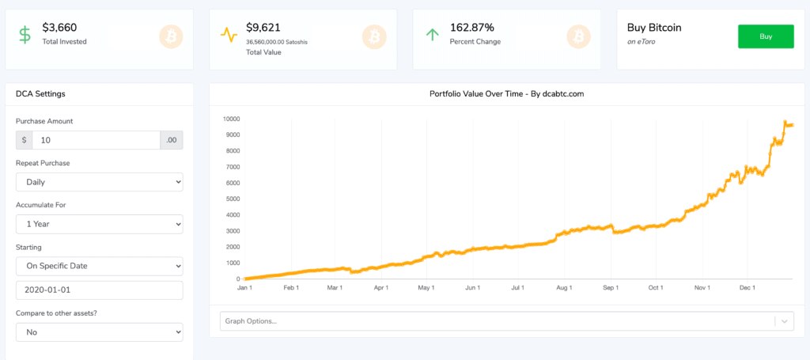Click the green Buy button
coord(765,36)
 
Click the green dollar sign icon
coord(25,36)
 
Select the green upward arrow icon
coord(433,35)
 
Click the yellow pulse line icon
coord(229,36)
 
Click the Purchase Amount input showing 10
coord(96,140)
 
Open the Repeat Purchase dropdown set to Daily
coord(99,182)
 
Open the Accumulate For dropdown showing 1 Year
coord(99,224)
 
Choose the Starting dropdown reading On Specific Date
coord(99,266)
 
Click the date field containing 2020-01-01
coord(99,290)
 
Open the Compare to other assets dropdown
coord(99,332)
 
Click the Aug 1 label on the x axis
coord(564,289)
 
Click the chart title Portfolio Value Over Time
coord(506,94)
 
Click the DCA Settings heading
coord(40,94)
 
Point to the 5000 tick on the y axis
coord(231,199)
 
